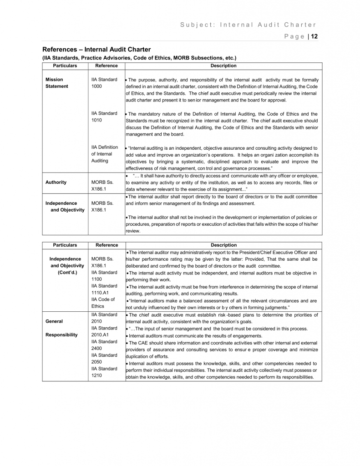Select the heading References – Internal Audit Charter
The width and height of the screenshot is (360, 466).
pos(96,49)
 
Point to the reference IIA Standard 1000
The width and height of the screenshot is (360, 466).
pos(104,83)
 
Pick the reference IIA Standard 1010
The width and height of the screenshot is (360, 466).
pos(104,116)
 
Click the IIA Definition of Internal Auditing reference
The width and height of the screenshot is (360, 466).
pos(105,154)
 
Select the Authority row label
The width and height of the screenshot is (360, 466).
pos(56,182)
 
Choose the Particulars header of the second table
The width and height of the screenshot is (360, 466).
pos(65,245)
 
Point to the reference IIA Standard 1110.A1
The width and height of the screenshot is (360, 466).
pos(104,289)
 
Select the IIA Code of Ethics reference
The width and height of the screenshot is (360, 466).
pos(103,303)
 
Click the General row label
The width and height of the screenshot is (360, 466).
pos(54,321)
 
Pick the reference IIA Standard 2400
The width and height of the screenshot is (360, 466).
pos(104,344)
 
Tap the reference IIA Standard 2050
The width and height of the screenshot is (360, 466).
pos(104,358)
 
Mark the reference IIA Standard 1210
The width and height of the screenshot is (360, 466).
pos(104,372)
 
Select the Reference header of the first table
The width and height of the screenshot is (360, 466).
pos(106,66)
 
